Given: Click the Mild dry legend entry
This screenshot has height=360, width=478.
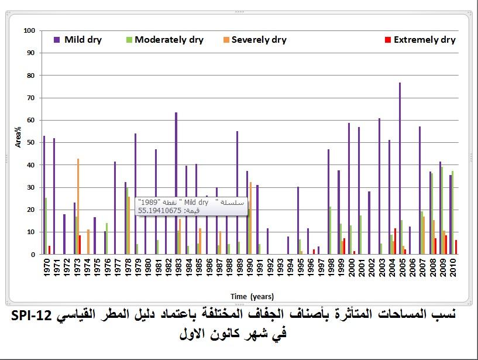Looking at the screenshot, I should click(78, 40).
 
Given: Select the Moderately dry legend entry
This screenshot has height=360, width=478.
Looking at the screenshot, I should click(164, 40).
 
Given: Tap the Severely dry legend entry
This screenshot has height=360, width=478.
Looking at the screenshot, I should click(253, 40).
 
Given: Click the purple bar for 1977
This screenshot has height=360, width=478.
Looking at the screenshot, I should click(115, 208).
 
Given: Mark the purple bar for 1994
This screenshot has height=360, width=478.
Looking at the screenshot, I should click(288, 245).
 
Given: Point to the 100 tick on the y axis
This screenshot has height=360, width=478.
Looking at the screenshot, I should click(30, 30).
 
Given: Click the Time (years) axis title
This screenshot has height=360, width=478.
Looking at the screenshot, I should click(252, 296).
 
